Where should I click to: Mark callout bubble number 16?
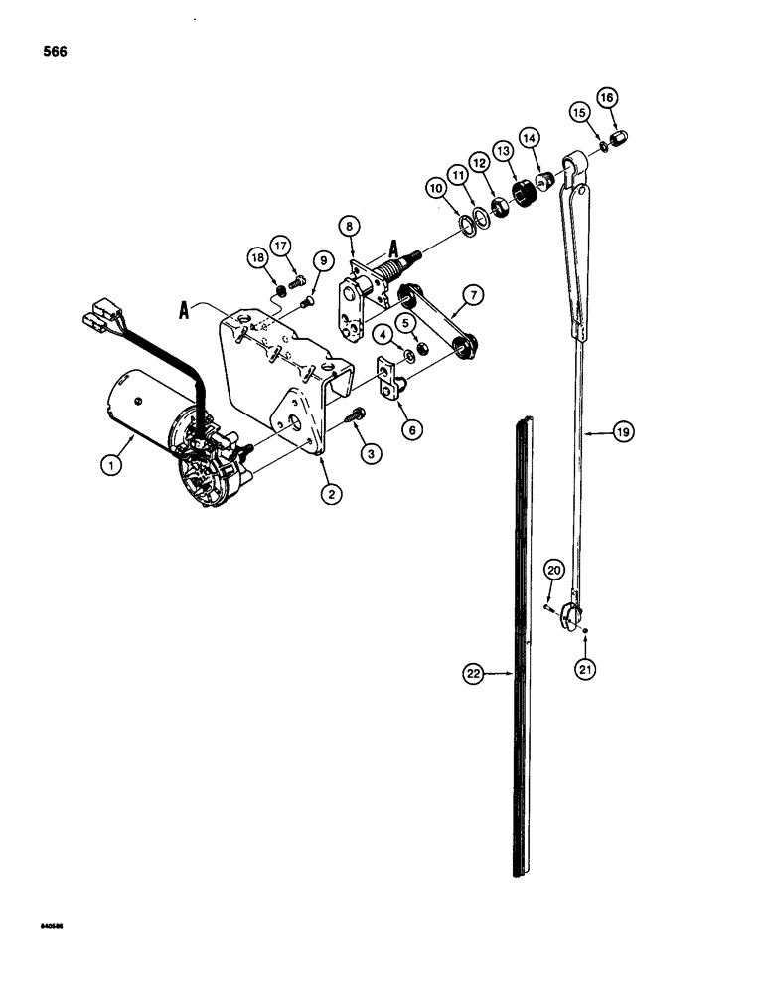click(606, 97)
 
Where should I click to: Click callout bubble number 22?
click(473, 674)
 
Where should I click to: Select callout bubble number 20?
click(554, 569)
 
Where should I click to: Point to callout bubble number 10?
click(436, 187)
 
